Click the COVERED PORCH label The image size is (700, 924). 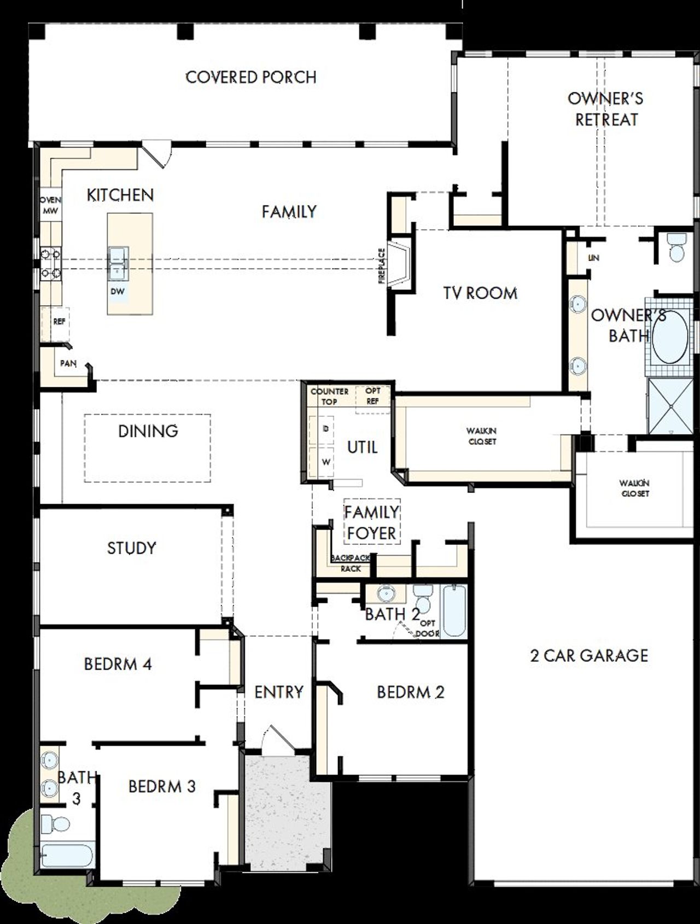pos(251,77)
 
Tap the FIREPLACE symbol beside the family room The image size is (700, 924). pos(401,265)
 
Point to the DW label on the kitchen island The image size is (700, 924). pos(118,292)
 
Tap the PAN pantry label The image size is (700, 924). pos(68,363)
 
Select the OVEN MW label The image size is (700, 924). pos(51,205)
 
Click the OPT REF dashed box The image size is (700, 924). pos(373,396)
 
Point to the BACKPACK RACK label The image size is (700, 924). pos(351,563)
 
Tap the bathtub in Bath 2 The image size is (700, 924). pos(454,611)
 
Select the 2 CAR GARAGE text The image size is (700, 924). pos(589,655)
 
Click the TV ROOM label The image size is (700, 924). pos(480,293)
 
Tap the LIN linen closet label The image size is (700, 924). pos(593,258)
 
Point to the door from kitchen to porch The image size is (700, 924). pos(156,154)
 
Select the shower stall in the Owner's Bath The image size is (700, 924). pos(669,406)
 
